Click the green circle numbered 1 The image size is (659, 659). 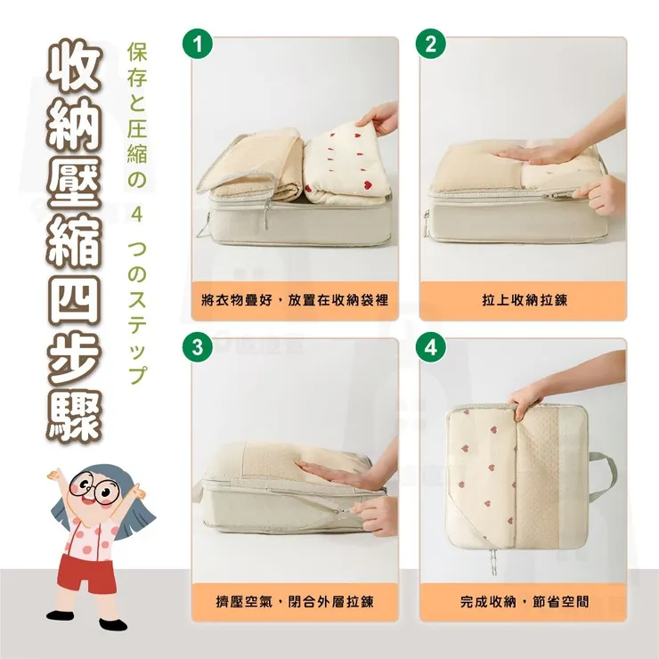click(198, 45)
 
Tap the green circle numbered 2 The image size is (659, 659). click(431, 45)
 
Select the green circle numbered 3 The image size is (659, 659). click(198, 347)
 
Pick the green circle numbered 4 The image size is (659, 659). click(431, 347)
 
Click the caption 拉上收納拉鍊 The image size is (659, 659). click(525, 300)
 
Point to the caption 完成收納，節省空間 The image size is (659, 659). click(525, 602)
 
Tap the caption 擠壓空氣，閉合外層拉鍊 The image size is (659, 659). click(295, 602)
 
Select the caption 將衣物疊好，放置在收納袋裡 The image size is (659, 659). click(295, 300)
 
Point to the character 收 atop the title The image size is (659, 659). click(75, 67)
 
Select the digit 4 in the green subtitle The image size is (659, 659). click(137, 216)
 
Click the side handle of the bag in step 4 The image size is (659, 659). click(604, 477)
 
